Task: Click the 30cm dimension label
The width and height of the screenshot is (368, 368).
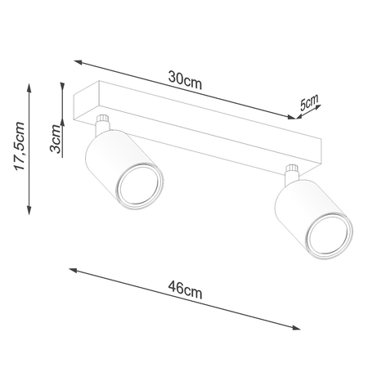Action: click(186, 79)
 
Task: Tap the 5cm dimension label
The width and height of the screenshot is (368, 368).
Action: click(310, 103)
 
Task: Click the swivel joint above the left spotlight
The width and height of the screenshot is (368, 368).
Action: click(102, 125)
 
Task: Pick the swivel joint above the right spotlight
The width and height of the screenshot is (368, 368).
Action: click(290, 171)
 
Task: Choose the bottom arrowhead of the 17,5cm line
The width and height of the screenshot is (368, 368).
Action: click(29, 208)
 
